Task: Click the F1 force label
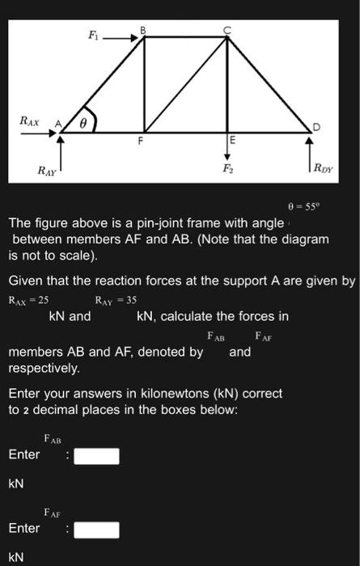click(x=93, y=36)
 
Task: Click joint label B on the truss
click(x=143, y=29)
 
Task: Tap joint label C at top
click(x=227, y=29)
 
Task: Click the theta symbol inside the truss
click(x=83, y=124)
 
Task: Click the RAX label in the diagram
click(x=30, y=120)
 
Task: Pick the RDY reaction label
click(x=325, y=171)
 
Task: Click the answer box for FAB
click(x=97, y=456)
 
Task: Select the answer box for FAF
click(x=97, y=530)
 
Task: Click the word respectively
click(x=44, y=368)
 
